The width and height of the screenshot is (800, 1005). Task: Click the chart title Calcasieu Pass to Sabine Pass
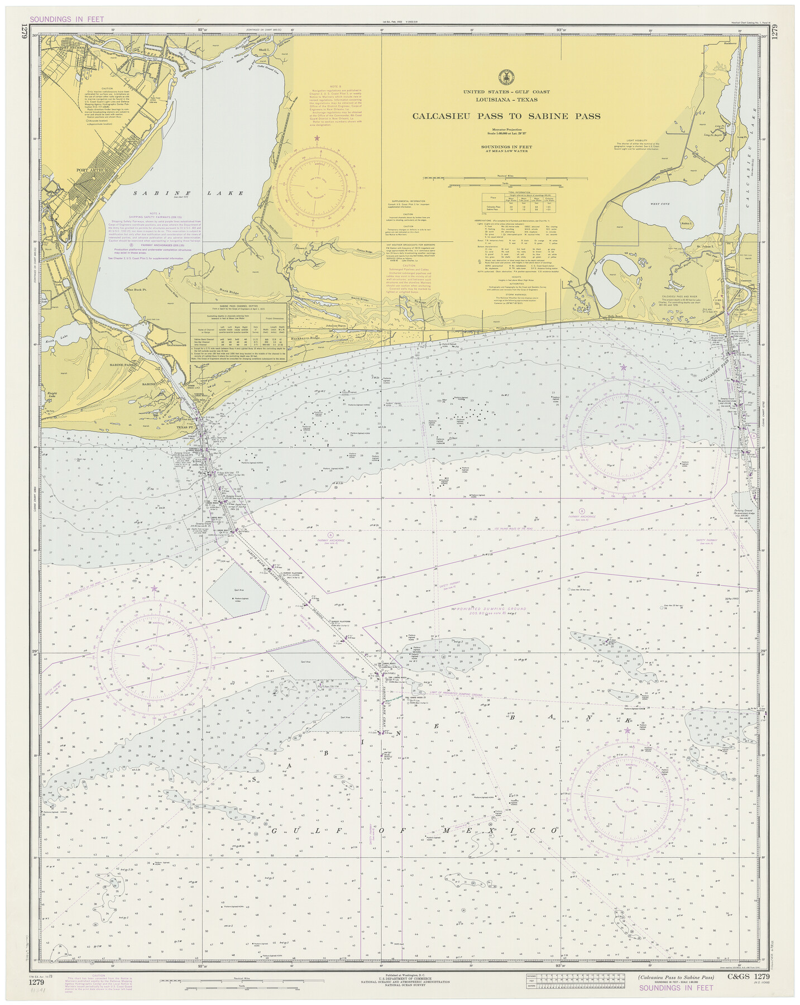(506, 116)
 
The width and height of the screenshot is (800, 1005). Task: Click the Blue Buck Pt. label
(136, 290)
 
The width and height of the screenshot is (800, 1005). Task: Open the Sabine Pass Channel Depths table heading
(239, 307)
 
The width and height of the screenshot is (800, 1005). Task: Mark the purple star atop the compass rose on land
(317, 138)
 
